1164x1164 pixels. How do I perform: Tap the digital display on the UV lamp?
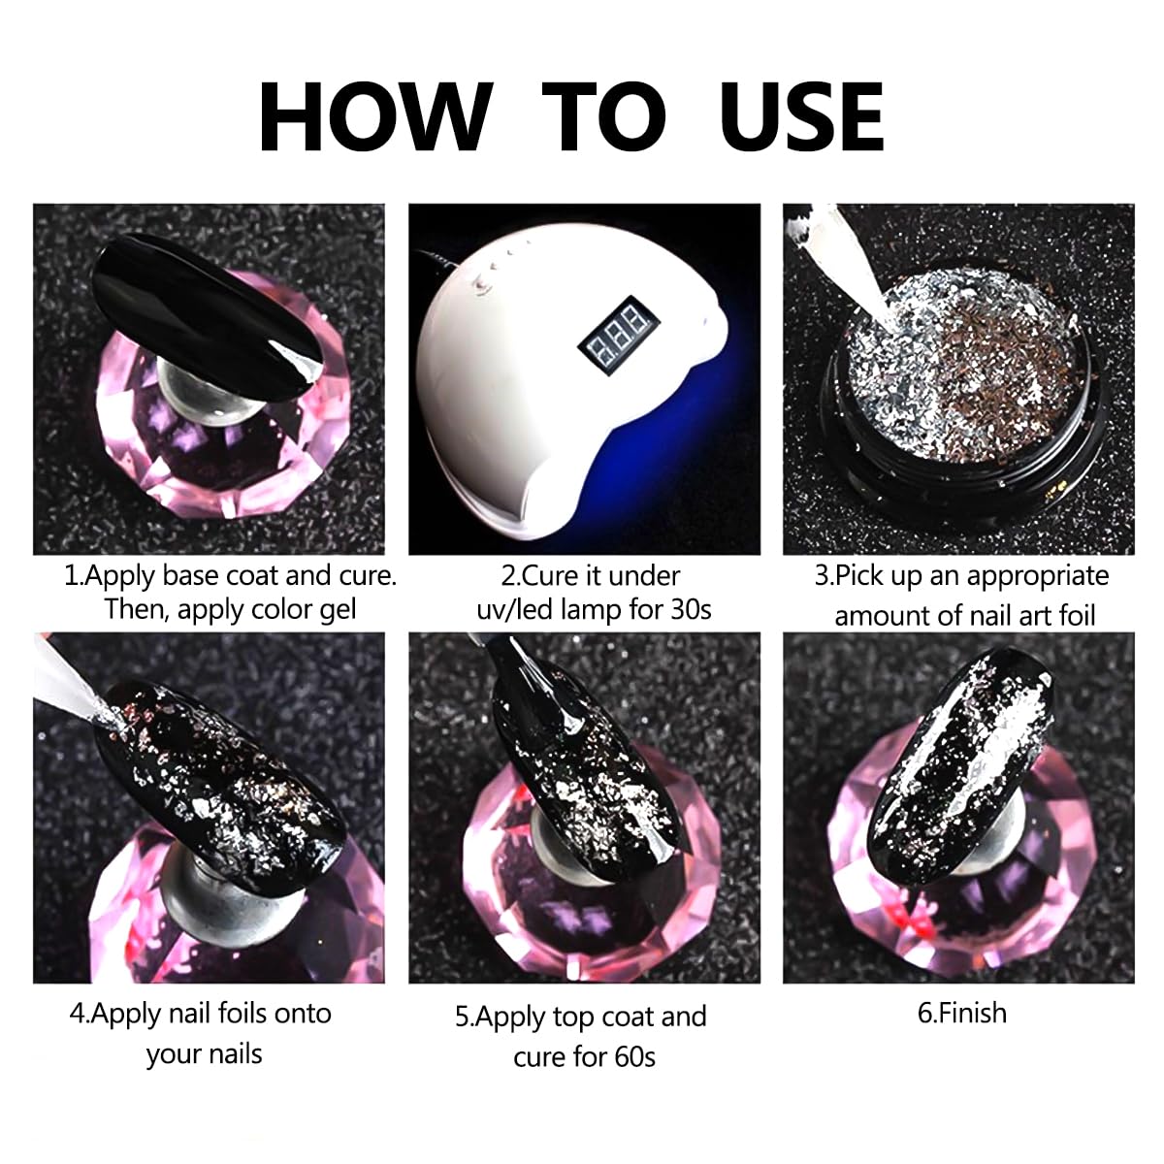[x=619, y=334]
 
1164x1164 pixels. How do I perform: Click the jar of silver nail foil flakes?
[x=960, y=387]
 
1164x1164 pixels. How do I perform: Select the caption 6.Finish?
[x=961, y=1014]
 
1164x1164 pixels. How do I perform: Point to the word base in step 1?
[x=191, y=575]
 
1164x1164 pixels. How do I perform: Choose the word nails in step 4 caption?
[x=236, y=1054]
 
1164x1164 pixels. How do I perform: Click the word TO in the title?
[x=604, y=115]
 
